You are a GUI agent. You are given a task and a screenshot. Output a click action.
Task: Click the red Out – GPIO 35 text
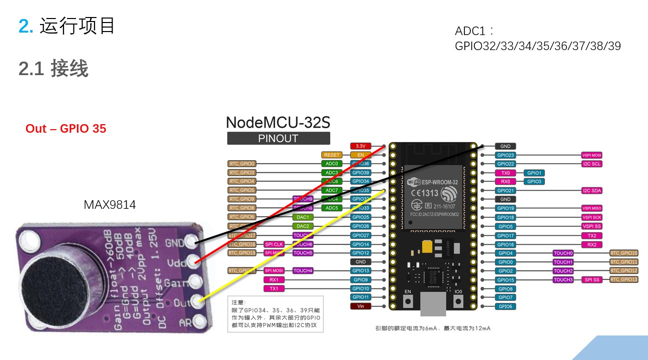[x=66, y=129]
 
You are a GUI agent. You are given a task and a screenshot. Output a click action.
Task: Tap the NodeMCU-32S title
[x=278, y=122]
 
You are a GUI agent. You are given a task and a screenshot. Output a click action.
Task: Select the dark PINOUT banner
[x=279, y=139]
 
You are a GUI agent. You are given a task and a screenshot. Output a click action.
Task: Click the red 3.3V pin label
[x=360, y=146]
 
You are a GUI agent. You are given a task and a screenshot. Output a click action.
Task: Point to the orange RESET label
[x=332, y=155]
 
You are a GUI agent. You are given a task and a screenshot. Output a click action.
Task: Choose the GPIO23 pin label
[x=505, y=155]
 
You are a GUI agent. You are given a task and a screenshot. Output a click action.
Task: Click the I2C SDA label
[x=592, y=191]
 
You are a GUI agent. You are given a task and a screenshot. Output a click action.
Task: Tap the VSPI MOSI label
[x=592, y=155]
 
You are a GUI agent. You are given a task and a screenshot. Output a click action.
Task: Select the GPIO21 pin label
[x=505, y=191]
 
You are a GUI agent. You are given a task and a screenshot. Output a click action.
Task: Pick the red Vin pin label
[x=360, y=306]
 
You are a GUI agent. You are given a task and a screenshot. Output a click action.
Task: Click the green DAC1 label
[x=303, y=217]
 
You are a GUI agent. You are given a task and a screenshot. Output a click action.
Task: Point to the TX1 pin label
[x=274, y=288]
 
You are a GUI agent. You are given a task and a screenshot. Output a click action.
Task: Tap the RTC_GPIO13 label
[x=624, y=279]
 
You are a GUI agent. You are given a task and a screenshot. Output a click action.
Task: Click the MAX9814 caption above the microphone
[x=110, y=205]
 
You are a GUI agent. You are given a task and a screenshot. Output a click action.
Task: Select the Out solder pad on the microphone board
[x=201, y=300]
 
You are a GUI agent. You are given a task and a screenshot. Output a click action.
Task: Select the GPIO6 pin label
[x=505, y=306]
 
